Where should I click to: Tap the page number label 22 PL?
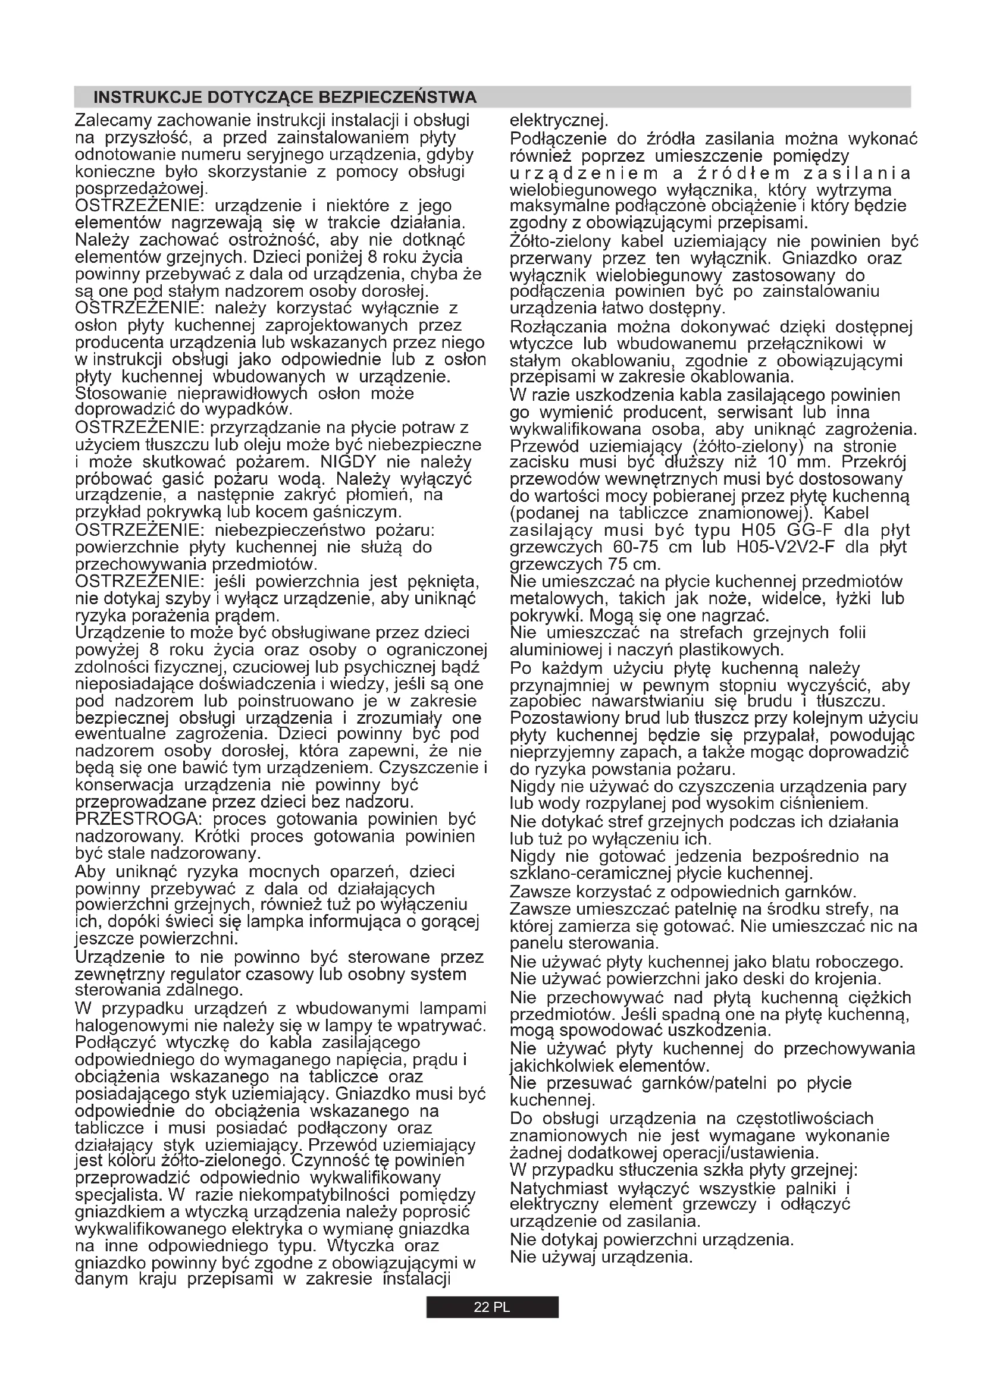click(491, 1307)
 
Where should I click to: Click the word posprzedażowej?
click(140, 189)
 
